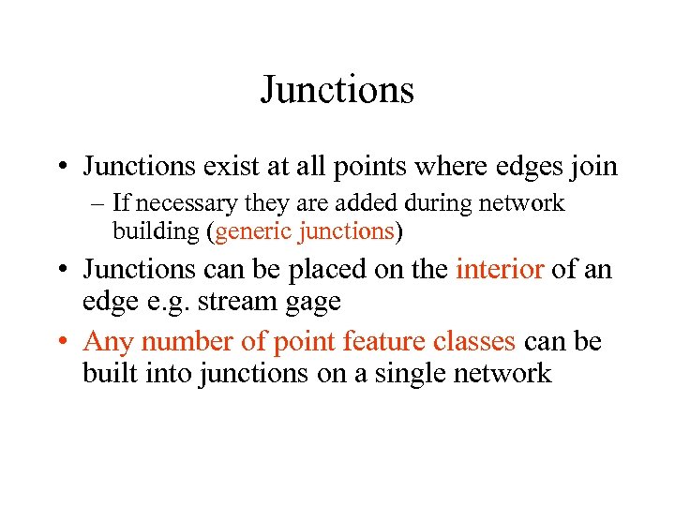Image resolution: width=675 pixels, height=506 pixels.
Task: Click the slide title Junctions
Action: [337, 91]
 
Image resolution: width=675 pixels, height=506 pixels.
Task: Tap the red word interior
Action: [500, 270]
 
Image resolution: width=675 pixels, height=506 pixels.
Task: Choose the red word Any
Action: [108, 341]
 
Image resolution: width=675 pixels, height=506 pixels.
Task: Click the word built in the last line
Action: [109, 373]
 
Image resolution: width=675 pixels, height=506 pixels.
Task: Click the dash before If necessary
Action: [97, 202]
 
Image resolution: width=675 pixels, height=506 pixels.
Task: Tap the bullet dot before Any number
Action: [69, 342]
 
